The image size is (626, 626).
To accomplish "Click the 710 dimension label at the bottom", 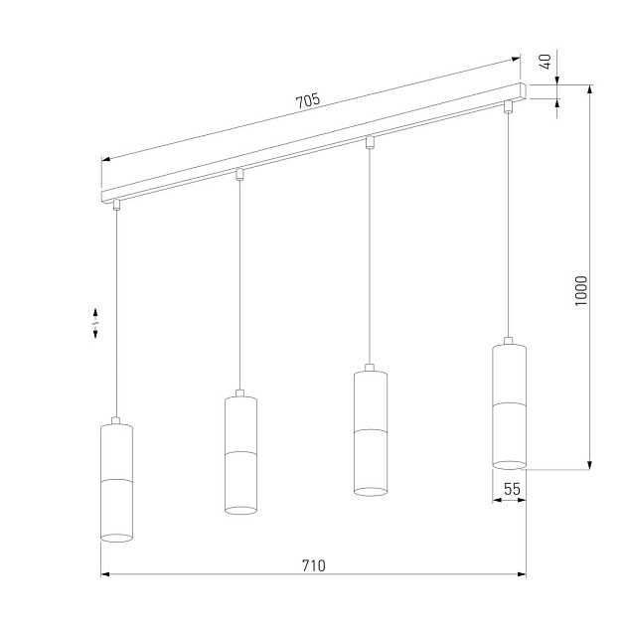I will tap(313, 565).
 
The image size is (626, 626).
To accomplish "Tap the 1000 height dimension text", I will tap(582, 291).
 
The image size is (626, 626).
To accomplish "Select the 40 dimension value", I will tap(544, 62).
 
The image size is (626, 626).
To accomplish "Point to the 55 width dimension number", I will tap(512, 489).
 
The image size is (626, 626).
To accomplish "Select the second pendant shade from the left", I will tap(240, 453).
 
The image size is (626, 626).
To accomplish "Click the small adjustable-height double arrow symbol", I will tap(95, 322).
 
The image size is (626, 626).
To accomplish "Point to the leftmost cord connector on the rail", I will tap(116, 205).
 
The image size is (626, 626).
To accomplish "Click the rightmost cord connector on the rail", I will tap(508, 105).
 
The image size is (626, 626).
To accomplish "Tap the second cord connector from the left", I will tap(239, 174).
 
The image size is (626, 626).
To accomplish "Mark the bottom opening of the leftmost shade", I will tap(116, 537).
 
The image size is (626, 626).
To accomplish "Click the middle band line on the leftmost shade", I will tap(116, 480).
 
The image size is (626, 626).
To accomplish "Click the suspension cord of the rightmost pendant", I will tap(508, 229).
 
